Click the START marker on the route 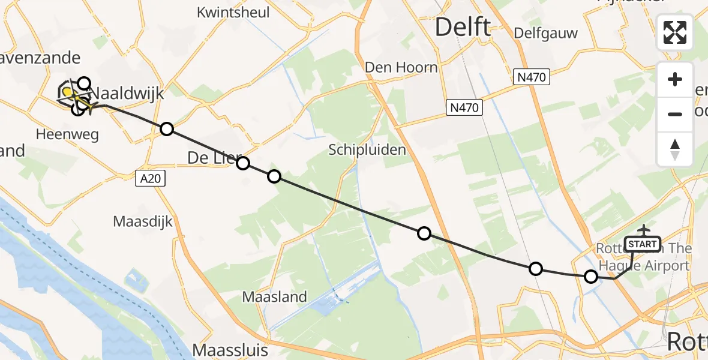click(642, 244)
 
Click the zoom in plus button click(675, 79)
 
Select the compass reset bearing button click(675, 149)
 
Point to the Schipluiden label click(367, 150)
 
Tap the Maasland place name click(275, 296)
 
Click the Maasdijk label click(143, 222)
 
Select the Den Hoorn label click(402, 67)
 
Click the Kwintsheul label click(233, 12)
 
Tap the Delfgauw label click(546, 32)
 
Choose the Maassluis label click(230, 350)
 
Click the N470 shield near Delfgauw click(532, 77)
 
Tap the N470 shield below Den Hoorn click(464, 108)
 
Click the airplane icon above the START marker click(643, 230)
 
